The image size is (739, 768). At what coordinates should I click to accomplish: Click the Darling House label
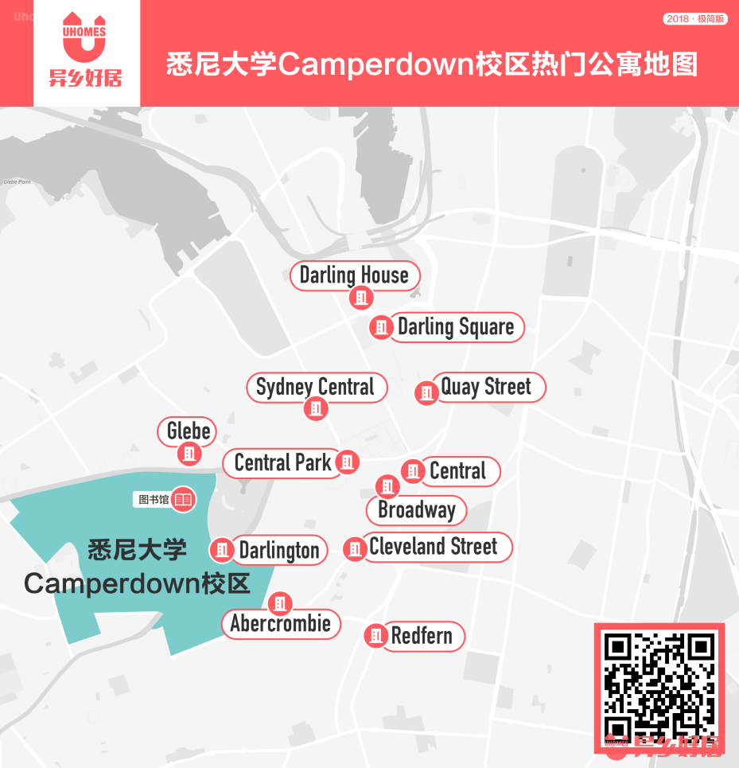point(354,275)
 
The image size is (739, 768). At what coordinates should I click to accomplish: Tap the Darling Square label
point(456,326)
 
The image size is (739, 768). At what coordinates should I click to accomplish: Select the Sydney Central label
point(315,388)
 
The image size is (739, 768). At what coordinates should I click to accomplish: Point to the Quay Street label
point(486,388)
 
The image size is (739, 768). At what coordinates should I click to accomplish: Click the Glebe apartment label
point(189,431)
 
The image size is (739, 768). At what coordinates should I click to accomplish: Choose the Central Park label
point(283,462)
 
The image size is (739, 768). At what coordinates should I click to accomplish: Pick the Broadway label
point(417,510)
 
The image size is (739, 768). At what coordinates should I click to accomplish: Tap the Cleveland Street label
point(434,547)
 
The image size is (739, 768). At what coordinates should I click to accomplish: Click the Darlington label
point(279,550)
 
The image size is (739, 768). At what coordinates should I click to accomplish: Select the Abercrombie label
point(281,623)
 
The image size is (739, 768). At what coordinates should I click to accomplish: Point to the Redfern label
point(422,636)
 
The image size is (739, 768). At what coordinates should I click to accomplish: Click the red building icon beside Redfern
point(375,635)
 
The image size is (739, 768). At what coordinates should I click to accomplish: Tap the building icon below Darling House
point(361,298)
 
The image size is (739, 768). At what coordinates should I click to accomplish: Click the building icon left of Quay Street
point(427,392)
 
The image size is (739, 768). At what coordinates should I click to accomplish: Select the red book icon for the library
point(184,499)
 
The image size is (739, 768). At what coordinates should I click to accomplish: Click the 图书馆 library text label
point(154,500)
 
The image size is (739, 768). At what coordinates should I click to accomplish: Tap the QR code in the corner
point(659,685)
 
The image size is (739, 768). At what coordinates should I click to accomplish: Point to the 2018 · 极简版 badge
point(695,18)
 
